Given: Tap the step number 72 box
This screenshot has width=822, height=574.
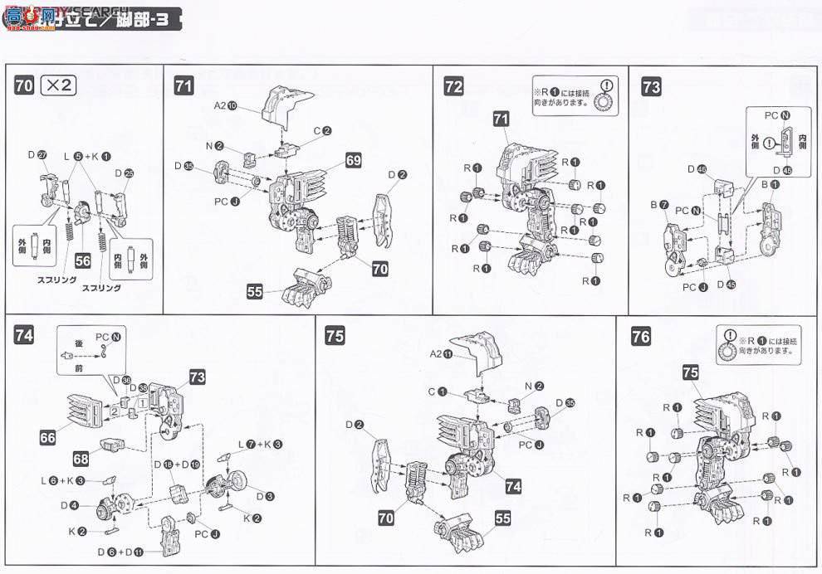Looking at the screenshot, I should click(x=453, y=87).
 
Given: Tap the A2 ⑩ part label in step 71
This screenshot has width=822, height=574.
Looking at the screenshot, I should click(x=226, y=105).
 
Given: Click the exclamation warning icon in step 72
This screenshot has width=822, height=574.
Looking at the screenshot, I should click(x=608, y=85).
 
